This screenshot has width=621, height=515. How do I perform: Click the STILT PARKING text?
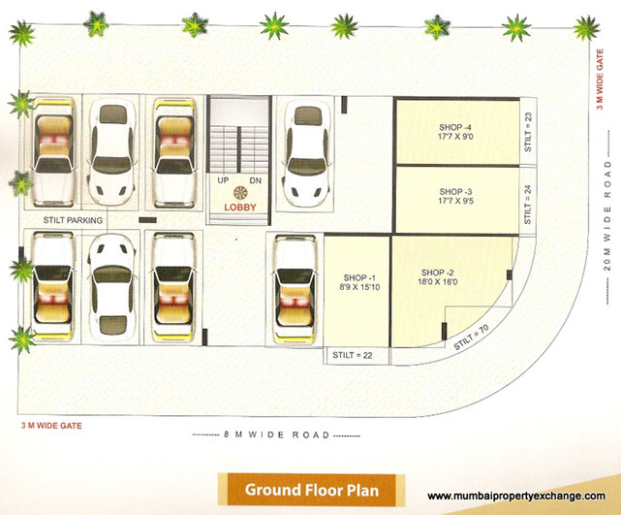click(x=67, y=220)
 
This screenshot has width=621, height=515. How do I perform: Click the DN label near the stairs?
click(x=255, y=181)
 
